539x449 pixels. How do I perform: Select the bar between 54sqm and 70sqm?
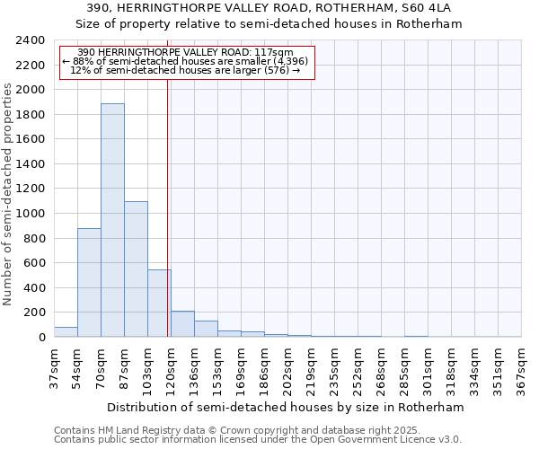click(x=89, y=283)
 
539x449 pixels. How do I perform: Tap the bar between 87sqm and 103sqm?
click(x=136, y=269)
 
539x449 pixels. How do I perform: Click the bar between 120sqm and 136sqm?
click(x=182, y=324)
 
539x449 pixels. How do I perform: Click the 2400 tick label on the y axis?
click(x=31, y=40)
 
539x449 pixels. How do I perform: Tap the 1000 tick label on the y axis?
click(x=31, y=214)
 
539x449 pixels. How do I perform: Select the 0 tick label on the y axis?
click(x=41, y=338)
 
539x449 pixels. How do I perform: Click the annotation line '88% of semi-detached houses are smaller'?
click(x=186, y=61)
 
